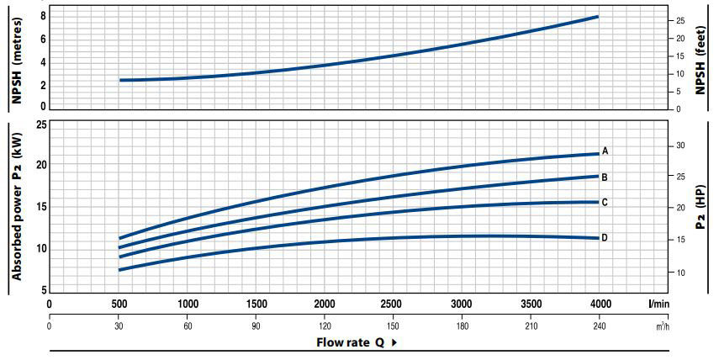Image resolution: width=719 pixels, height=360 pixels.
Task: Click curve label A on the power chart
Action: (605, 151)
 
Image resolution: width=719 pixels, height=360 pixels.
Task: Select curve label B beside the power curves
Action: (605, 177)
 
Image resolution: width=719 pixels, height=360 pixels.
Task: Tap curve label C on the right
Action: (605, 202)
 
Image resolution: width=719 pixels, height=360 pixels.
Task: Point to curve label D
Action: (605, 238)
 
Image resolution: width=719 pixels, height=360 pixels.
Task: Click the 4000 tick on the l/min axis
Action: (599, 303)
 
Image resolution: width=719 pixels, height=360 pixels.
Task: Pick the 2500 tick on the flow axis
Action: (393, 303)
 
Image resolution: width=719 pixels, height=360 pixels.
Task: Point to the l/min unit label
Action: (659, 303)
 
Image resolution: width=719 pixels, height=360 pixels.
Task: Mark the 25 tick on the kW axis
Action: (40, 125)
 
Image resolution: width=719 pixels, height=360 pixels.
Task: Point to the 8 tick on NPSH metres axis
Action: (42, 16)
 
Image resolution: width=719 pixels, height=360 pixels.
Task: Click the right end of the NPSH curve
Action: (598, 17)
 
